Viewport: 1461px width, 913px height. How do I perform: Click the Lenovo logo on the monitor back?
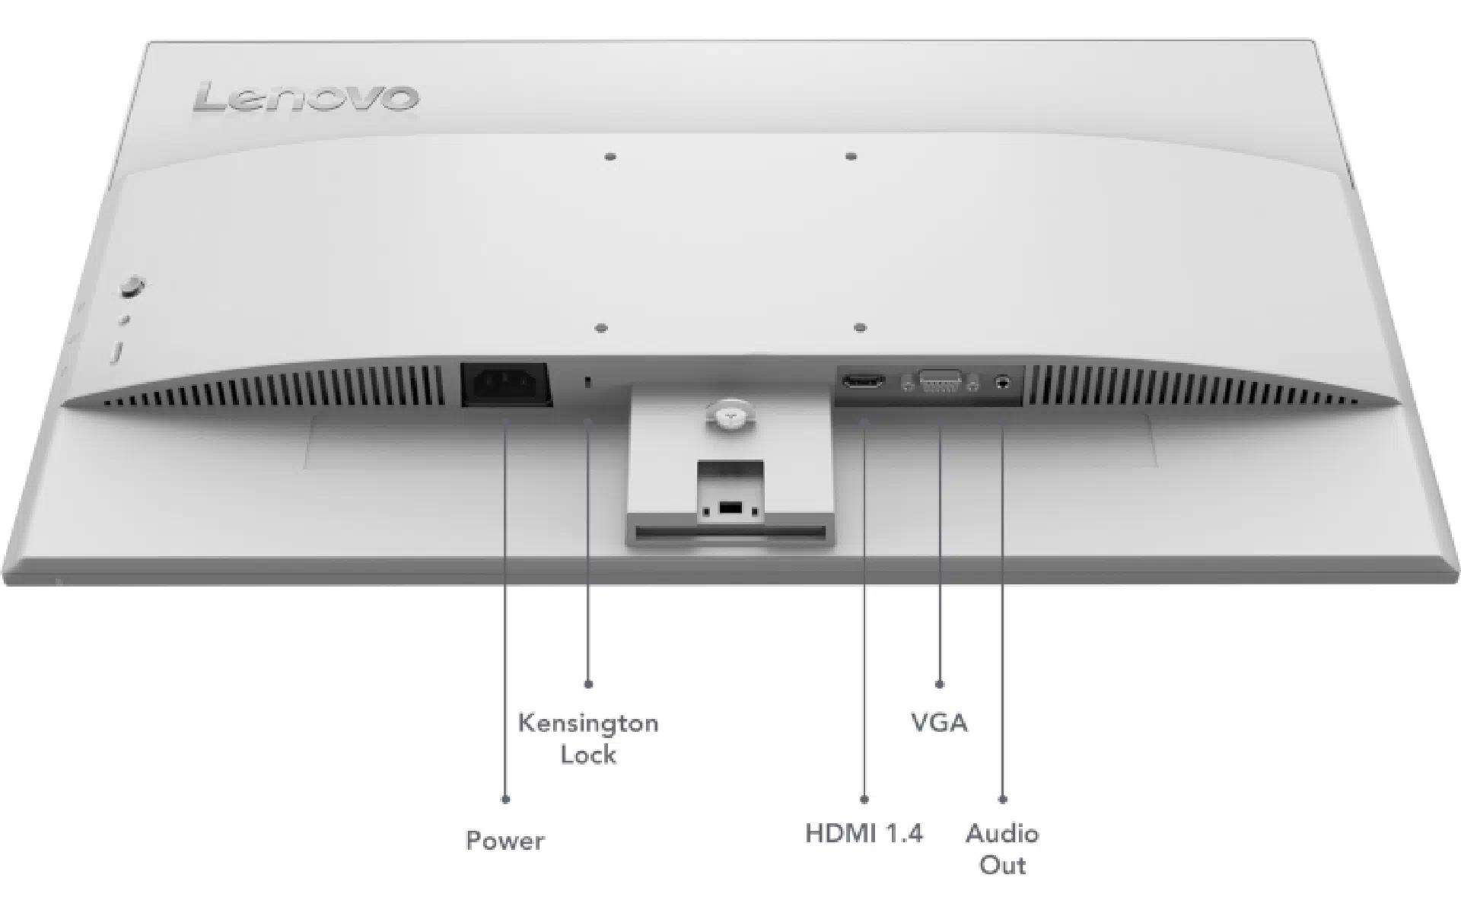tap(306, 98)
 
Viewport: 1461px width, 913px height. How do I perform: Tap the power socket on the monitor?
tap(507, 385)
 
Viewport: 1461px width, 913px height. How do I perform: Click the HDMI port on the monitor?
tap(863, 380)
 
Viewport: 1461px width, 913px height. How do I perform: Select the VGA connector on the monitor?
tap(940, 381)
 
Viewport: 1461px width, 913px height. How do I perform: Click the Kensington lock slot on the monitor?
tap(587, 382)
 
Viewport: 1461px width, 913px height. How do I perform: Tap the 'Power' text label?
tap(505, 841)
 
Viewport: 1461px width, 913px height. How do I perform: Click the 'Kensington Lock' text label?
tap(588, 738)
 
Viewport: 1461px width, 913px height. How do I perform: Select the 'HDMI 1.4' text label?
tap(864, 833)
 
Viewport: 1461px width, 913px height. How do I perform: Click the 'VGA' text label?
tap(940, 722)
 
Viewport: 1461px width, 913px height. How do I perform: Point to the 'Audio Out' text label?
tap(1002, 849)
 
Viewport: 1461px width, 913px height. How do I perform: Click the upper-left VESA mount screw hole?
tap(610, 157)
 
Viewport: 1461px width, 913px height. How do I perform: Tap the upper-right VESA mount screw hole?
tap(851, 157)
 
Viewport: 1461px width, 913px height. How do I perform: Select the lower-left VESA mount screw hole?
tap(601, 329)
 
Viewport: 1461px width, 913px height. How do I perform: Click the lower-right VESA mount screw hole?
tap(860, 329)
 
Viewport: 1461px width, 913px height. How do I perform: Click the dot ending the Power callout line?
tap(505, 800)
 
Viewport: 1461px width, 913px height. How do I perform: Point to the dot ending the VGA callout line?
tap(940, 685)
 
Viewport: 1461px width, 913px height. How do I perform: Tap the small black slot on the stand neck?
tap(730, 507)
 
